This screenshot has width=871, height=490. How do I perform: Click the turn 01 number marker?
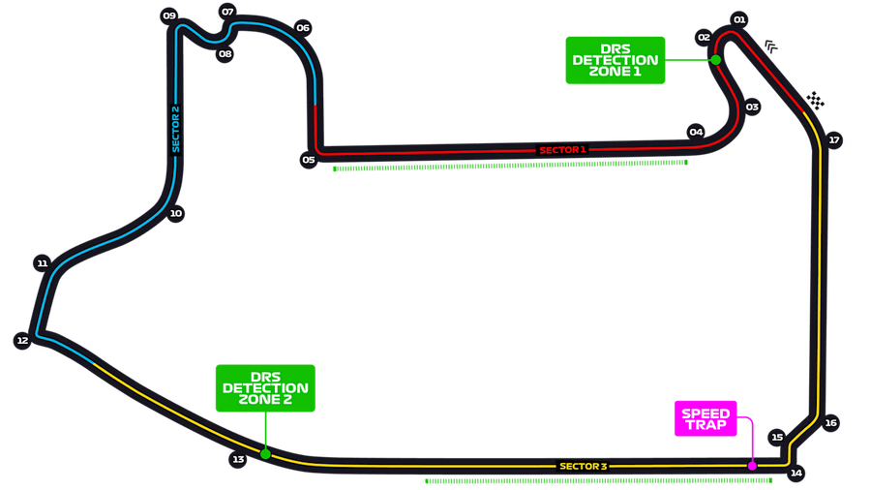pyautogui.click(x=739, y=19)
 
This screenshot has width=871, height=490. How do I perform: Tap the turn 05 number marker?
pyautogui.click(x=309, y=160)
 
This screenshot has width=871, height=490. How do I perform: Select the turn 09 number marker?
pyautogui.click(x=169, y=15)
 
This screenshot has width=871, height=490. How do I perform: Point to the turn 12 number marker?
pyautogui.click(x=21, y=340)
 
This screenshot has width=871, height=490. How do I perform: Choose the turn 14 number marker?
pyautogui.click(x=796, y=473)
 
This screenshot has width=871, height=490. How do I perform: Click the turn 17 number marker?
pyautogui.click(x=834, y=140)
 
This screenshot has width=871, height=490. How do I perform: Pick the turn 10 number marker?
pyautogui.click(x=175, y=214)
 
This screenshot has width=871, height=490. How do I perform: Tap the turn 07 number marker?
pyautogui.click(x=228, y=13)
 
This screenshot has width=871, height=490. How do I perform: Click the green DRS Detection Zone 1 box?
pyautogui.click(x=616, y=60)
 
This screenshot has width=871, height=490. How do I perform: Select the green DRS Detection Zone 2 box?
pyautogui.click(x=265, y=387)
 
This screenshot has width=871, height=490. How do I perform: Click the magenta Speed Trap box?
pyautogui.click(x=706, y=419)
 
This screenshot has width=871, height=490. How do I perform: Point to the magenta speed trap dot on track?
pyautogui.click(x=752, y=466)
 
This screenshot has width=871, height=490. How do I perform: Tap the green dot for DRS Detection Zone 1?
pyautogui.click(x=715, y=60)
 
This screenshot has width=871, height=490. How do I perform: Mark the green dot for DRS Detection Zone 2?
pyautogui.click(x=265, y=453)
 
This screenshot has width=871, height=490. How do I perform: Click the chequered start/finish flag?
pyautogui.click(x=818, y=100)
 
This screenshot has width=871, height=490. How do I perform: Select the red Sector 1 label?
pyautogui.click(x=562, y=150)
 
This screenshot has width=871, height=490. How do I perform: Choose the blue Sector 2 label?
pyautogui.click(x=175, y=129)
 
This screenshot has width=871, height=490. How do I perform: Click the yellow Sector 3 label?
pyautogui.click(x=583, y=467)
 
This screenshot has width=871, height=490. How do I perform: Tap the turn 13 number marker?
pyautogui.click(x=238, y=459)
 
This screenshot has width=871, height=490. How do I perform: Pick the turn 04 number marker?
pyautogui.click(x=696, y=132)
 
